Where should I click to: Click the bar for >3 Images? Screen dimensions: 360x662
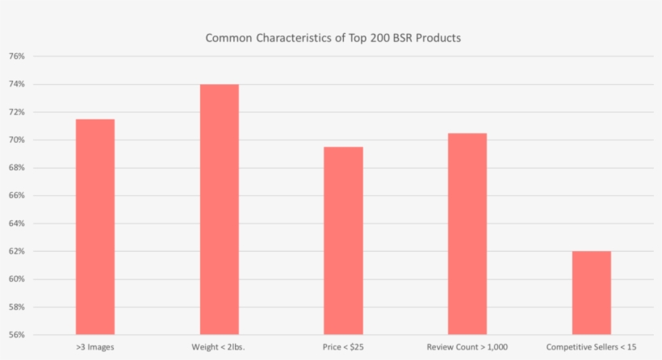(95, 227)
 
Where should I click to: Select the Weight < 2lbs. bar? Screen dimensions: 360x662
(220, 209)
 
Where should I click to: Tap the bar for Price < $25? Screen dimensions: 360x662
(343, 241)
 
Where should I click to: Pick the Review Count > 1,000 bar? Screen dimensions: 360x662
(467, 233)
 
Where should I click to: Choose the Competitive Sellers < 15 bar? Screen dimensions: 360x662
(591, 292)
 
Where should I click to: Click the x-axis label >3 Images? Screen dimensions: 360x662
(95, 347)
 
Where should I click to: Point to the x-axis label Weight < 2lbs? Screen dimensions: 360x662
(219, 347)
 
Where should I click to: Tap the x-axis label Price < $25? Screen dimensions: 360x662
(343, 347)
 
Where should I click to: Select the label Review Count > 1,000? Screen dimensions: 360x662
(467, 347)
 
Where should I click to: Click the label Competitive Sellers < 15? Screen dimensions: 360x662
(591, 347)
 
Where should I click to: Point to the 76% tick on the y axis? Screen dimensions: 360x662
(17, 57)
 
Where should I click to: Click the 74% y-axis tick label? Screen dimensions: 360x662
(17, 84)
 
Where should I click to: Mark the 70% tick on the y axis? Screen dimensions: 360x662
(17, 140)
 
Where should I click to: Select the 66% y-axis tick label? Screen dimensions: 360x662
(17, 195)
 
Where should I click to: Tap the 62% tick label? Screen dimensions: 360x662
(17, 251)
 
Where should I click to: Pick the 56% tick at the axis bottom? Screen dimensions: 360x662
(17, 334)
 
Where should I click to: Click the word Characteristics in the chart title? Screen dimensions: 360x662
(293, 37)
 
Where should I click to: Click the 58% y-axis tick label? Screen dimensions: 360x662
(17, 307)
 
